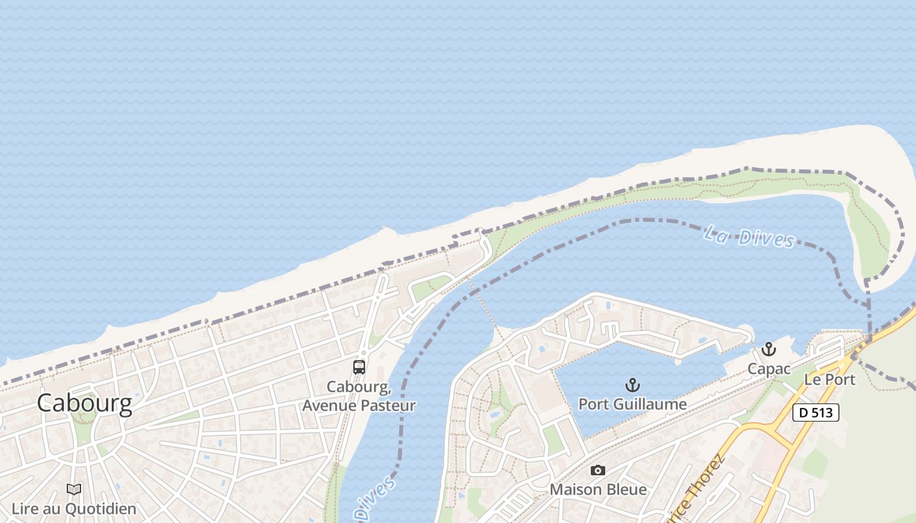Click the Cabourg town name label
(x=84, y=403)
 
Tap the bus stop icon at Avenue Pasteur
(x=359, y=367)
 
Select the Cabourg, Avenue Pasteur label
(x=359, y=396)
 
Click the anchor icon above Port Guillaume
(x=632, y=384)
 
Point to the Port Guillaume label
(x=632, y=404)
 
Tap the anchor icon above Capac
(x=769, y=349)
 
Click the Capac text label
(x=769, y=369)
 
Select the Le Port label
(x=830, y=379)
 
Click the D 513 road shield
(x=815, y=413)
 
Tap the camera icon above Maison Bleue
(x=597, y=470)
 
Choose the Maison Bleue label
(x=598, y=489)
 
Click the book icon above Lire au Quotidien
(x=75, y=489)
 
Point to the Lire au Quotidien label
(x=74, y=509)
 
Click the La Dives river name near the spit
(x=749, y=236)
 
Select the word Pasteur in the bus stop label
(x=389, y=405)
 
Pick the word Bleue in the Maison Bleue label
(x=625, y=489)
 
